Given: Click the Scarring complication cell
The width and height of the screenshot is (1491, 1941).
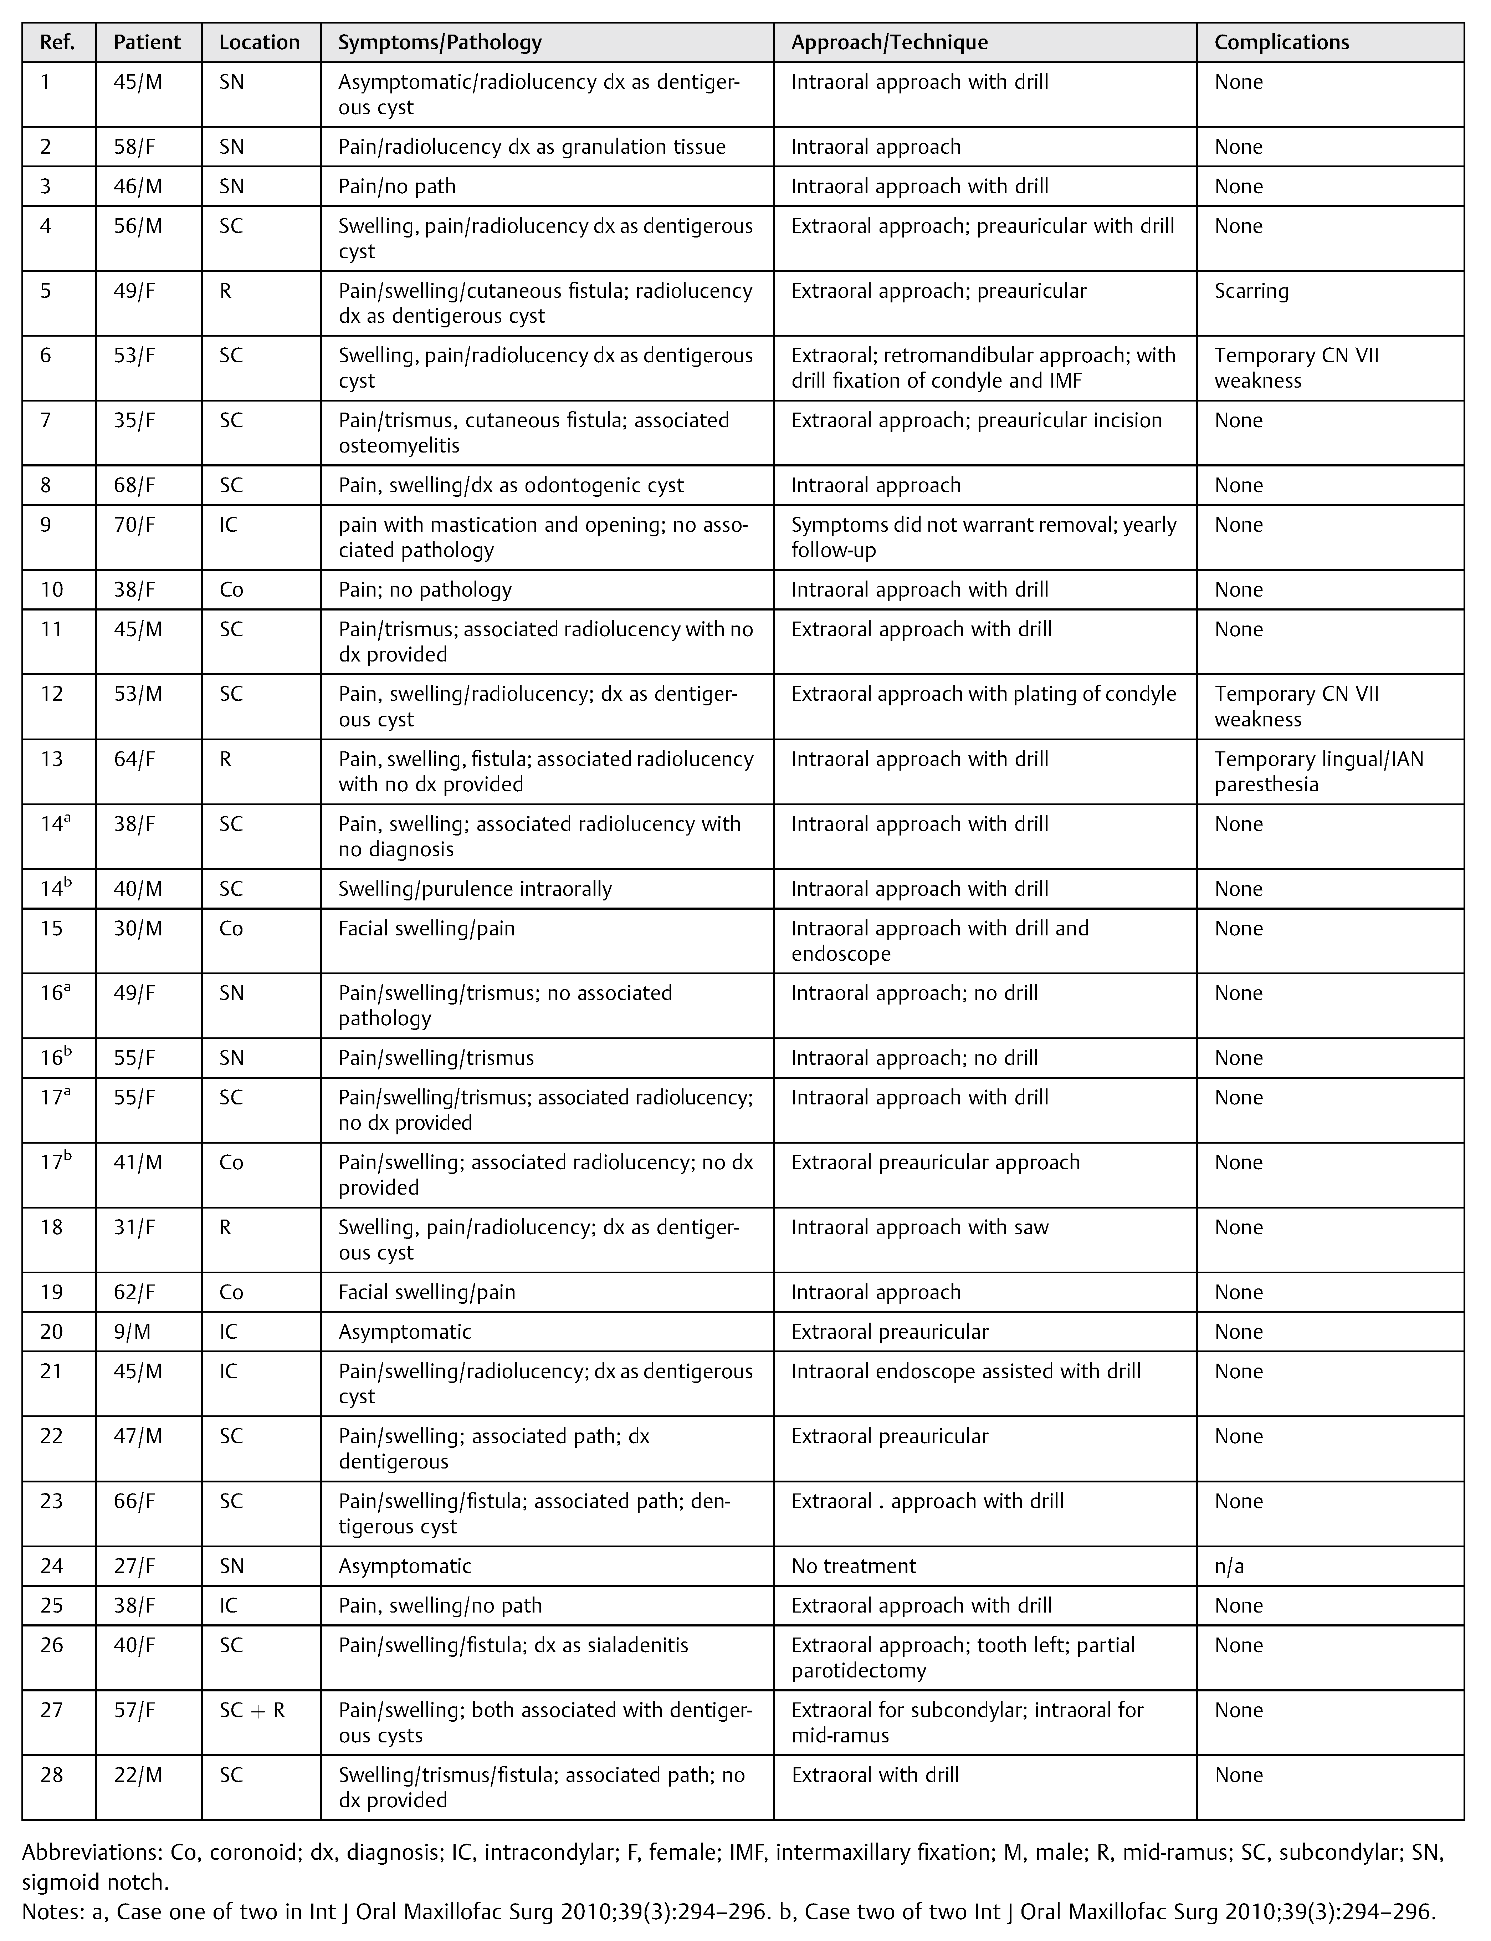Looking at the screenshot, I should pyautogui.click(x=1251, y=291).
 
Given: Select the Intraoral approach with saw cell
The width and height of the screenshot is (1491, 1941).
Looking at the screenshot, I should pyautogui.click(x=919, y=1227).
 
